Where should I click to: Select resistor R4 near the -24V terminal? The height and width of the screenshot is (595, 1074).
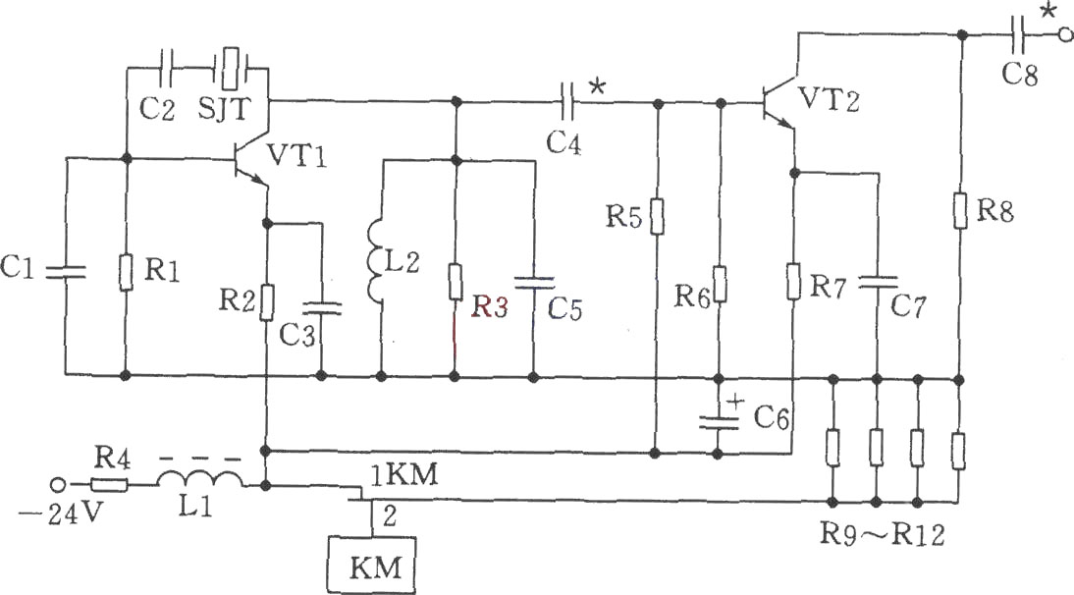click(109, 485)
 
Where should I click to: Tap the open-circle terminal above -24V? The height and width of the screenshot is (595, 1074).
click(59, 485)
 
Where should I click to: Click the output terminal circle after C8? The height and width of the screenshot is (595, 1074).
click(1064, 35)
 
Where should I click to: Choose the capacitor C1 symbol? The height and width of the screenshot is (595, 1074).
click(67, 272)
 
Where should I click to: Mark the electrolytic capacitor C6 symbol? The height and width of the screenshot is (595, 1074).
click(719, 419)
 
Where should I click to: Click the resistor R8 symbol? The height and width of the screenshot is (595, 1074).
click(960, 211)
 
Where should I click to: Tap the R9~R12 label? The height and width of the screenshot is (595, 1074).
click(883, 533)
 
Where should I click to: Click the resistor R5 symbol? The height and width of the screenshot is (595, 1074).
click(657, 217)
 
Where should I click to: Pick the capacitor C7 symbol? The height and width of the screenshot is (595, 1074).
click(878, 282)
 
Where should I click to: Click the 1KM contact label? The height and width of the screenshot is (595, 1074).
click(403, 474)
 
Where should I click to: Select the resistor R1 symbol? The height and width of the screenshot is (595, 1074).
click(126, 273)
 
